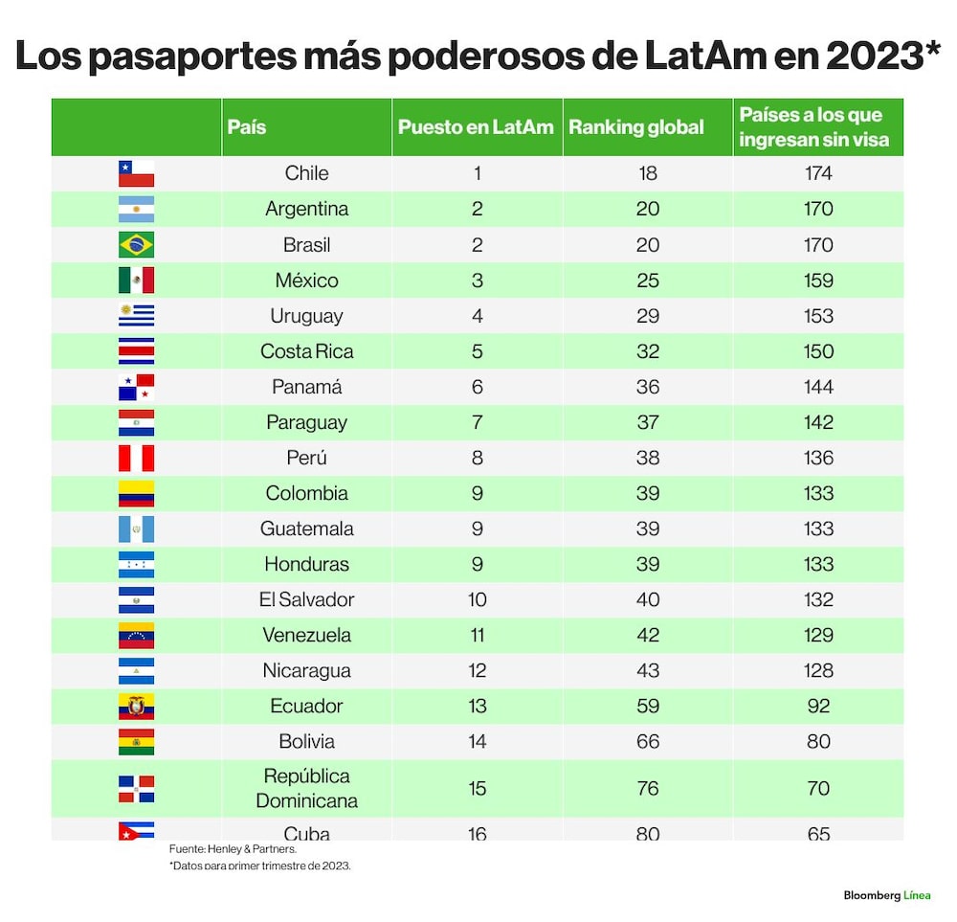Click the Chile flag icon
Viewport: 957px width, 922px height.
[136, 173]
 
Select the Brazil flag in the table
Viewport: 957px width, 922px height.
[136, 245]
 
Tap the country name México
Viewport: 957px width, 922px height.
[306, 281]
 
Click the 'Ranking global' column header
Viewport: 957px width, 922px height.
[636, 127]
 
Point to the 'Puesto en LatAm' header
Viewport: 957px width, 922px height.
[476, 127]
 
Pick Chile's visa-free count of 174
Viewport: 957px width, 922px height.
[818, 173]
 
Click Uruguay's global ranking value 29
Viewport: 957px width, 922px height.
[648, 316]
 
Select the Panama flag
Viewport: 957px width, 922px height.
[136, 387]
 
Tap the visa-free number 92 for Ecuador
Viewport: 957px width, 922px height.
[818, 706]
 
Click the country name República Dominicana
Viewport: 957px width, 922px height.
[306, 788]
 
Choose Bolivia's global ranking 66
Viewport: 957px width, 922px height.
[648, 741]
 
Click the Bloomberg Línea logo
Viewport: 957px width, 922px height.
[887, 895]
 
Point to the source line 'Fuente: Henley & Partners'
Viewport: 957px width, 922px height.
[233, 848]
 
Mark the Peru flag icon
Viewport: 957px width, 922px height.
[136, 458]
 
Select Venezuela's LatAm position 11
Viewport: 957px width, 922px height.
[478, 635]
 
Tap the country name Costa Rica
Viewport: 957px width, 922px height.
[306, 351]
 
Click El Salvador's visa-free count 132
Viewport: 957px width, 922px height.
[818, 599]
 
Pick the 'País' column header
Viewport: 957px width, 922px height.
[247, 127]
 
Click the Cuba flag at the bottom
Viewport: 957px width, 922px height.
[136, 831]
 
